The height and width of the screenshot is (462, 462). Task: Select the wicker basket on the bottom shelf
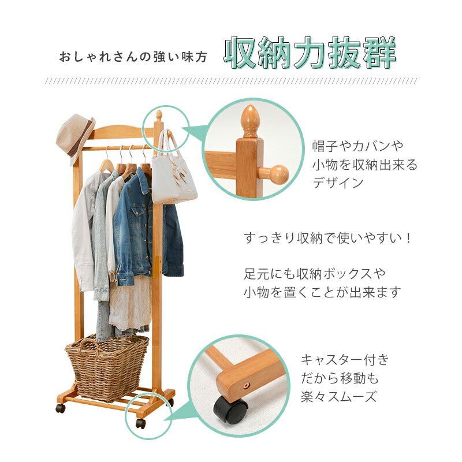point(107,366)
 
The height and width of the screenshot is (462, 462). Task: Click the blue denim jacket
point(139,231)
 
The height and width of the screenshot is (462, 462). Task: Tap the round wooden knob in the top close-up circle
point(278,174)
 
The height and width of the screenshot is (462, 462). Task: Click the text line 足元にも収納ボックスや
point(315,273)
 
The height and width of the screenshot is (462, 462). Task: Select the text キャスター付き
point(345,360)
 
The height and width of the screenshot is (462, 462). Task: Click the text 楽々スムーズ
point(338,397)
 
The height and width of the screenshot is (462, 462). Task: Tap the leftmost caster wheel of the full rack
point(60,408)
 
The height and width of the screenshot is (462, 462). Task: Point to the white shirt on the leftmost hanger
point(84,231)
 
